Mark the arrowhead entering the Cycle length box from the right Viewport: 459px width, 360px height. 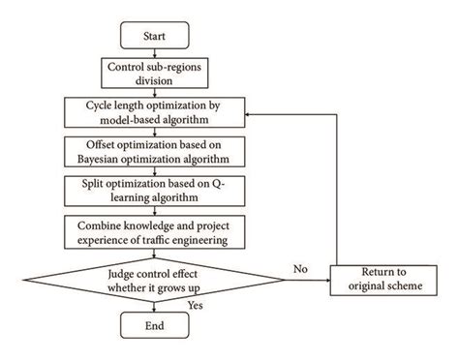coord(253,111)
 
